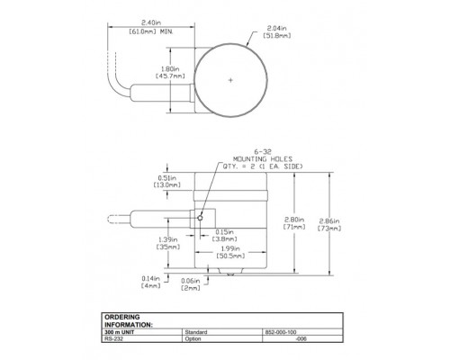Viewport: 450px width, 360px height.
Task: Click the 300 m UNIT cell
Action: [x=122, y=332]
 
